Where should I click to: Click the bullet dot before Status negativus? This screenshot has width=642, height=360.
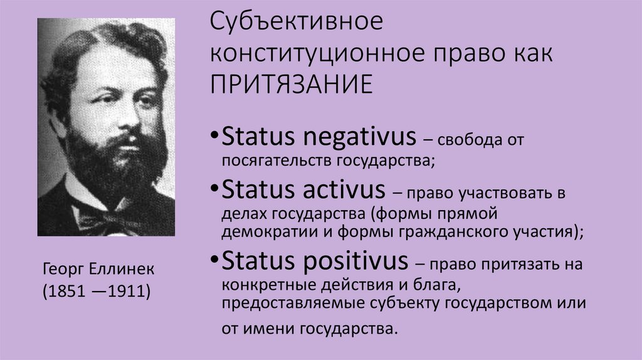(215, 137)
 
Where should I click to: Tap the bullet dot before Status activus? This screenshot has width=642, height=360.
(215, 189)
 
